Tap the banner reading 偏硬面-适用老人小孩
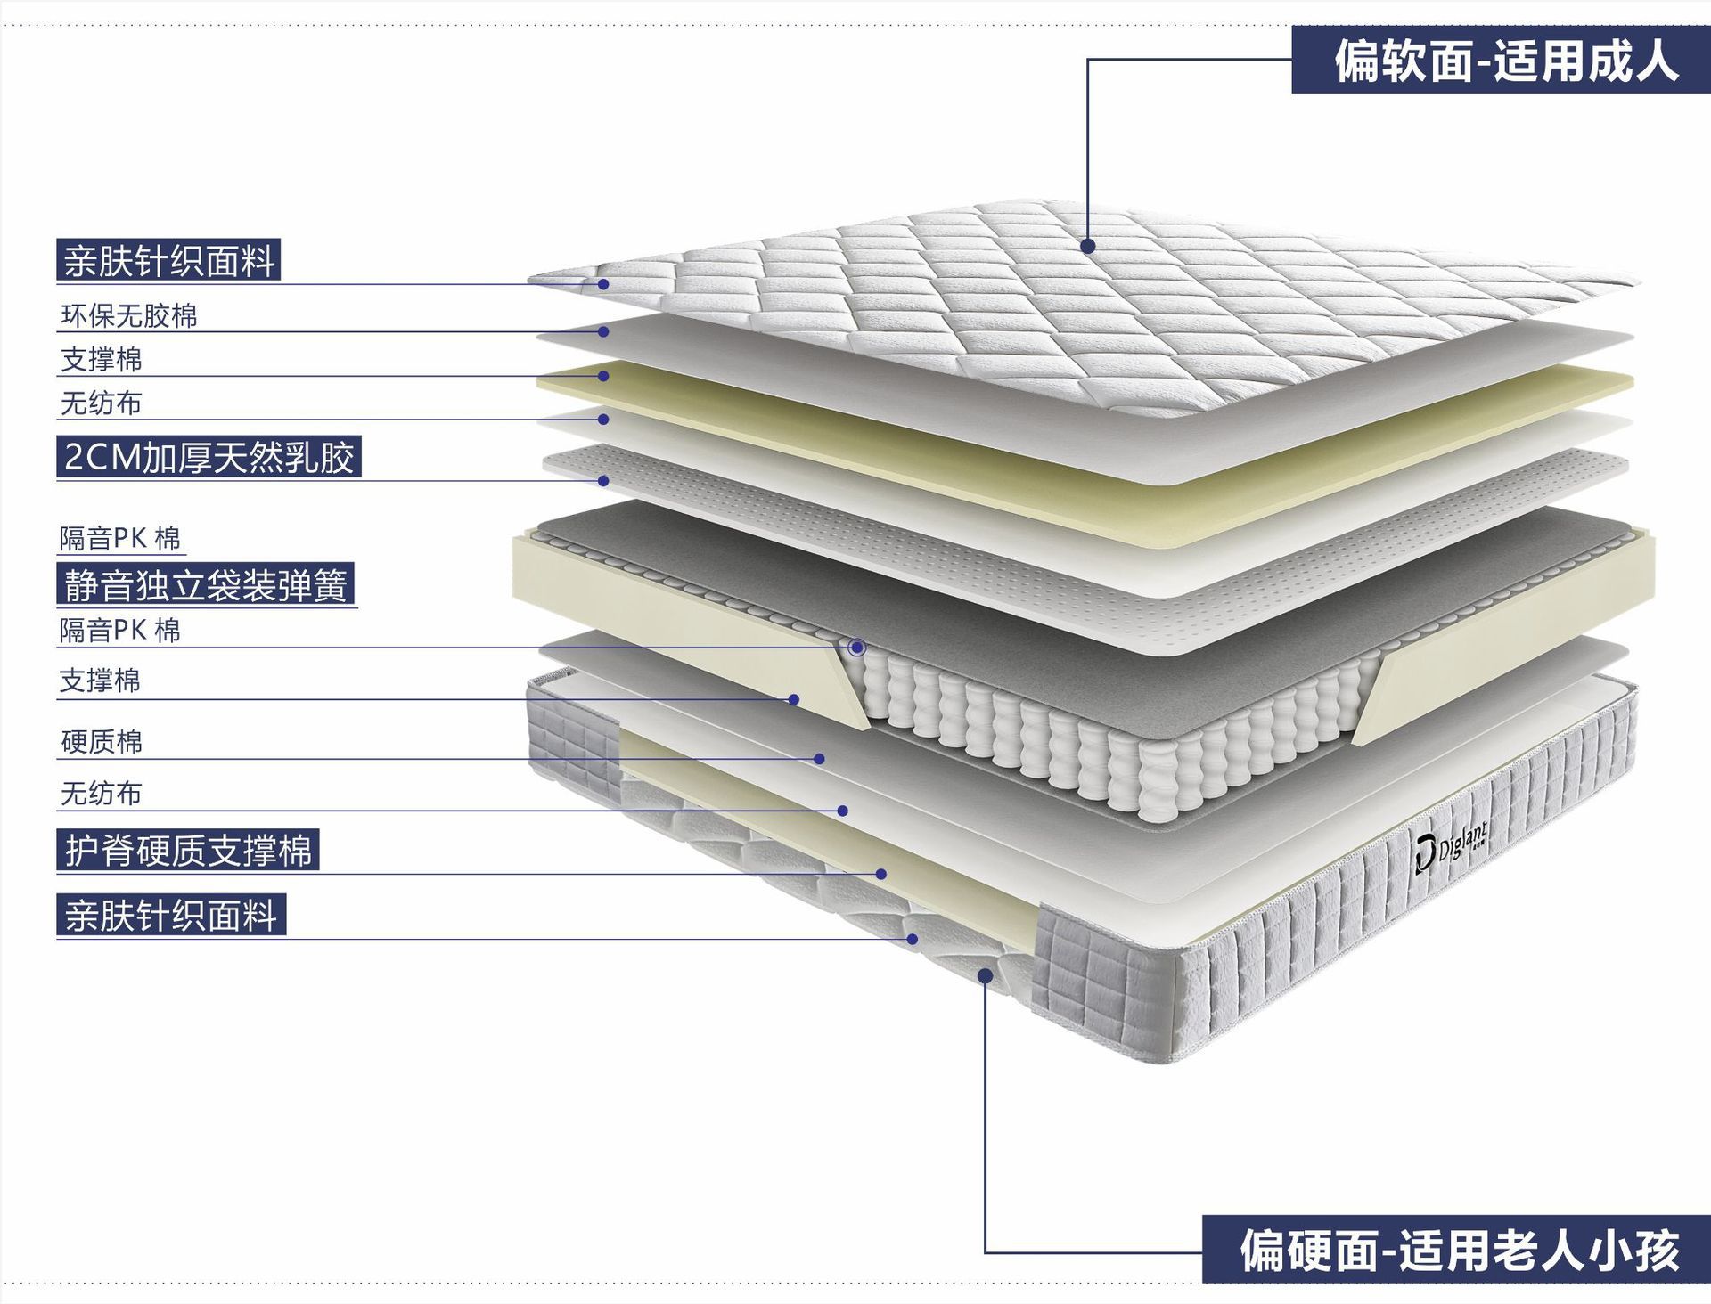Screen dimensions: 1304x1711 coord(1459,1250)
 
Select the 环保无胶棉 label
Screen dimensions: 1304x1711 coord(129,316)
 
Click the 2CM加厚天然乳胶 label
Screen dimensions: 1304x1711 coord(209,457)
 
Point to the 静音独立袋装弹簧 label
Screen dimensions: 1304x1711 coord(205,585)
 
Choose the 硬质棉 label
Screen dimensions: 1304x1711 coord(102,742)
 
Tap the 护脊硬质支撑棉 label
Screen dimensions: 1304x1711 coord(188,851)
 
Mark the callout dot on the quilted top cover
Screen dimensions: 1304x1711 coord(1088,246)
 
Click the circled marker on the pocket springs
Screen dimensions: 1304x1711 coord(857,648)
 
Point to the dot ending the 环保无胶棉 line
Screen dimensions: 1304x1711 coord(603,331)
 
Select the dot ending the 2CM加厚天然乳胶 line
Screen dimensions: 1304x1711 coord(603,481)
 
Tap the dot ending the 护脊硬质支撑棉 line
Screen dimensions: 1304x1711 coord(881,874)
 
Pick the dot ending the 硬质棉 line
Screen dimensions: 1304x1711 coord(819,759)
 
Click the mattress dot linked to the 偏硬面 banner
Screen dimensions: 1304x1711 coord(985,976)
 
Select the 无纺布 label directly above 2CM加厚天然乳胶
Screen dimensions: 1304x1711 coord(101,403)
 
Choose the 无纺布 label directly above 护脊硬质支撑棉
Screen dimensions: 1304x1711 coord(101,794)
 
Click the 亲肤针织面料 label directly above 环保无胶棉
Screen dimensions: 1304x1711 coord(168,261)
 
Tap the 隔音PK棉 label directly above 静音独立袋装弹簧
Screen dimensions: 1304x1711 coord(120,538)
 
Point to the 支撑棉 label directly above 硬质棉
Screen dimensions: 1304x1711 coord(100,681)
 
